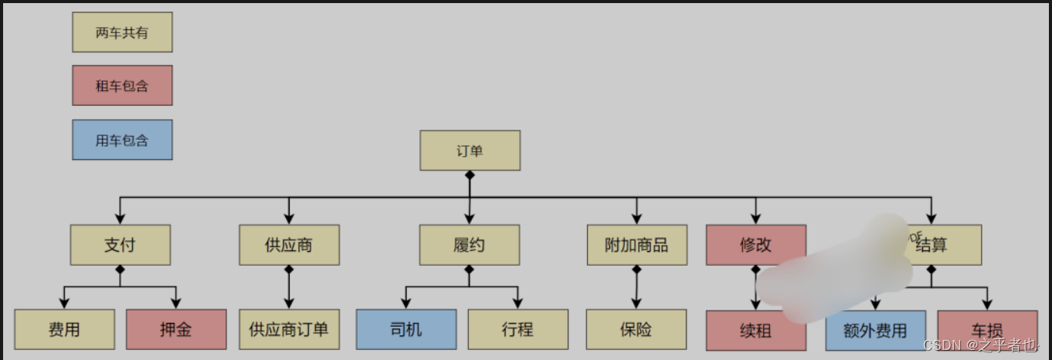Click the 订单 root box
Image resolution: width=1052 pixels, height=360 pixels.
point(470,151)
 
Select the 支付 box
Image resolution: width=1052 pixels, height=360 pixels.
point(120,245)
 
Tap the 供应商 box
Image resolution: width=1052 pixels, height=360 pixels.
point(289,245)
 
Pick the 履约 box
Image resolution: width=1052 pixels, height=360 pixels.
point(470,245)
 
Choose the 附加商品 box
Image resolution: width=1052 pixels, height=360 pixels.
point(636,245)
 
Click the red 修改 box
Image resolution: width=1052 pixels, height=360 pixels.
point(755,245)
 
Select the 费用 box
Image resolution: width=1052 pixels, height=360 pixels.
point(64,330)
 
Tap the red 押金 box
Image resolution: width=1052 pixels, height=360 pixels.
point(176,330)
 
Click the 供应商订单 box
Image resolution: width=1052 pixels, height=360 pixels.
point(289,330)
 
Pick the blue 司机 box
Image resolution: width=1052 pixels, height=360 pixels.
point(406,330)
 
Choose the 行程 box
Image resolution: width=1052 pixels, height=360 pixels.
point(518,330)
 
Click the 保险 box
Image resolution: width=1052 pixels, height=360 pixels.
point(636,330)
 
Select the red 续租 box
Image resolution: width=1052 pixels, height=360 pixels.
point(755,331)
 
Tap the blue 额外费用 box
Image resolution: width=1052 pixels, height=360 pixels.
point(875,331)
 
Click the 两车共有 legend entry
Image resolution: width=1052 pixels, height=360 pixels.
point(122,32)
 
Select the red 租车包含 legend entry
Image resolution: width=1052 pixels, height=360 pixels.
point(122,86)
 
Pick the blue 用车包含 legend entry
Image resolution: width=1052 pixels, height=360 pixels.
point(122,140)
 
